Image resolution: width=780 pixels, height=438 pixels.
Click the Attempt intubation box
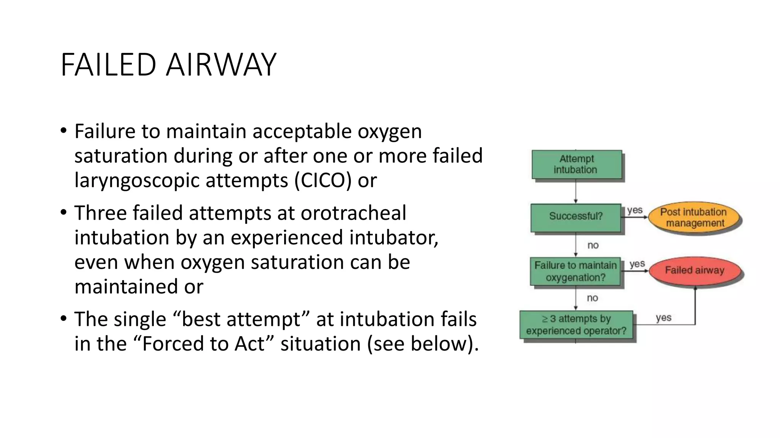[576, 164]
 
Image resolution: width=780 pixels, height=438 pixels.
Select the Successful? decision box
[575, 216]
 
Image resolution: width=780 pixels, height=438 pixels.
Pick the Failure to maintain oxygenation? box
[575, 271]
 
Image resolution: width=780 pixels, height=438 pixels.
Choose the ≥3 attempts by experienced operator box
[576, 324]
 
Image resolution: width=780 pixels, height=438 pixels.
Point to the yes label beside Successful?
[635, 210]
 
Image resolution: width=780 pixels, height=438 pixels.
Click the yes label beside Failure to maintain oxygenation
[637, 264]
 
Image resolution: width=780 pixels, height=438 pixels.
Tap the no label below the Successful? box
[593, 245]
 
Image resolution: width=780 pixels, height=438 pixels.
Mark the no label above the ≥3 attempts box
[592, 298]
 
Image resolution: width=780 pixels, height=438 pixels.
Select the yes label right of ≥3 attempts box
[663, 317]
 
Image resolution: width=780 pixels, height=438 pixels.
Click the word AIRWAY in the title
[221, 65]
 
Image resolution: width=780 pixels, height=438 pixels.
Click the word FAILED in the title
[108, 65]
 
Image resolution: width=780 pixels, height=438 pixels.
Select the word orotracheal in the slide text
[353, 213]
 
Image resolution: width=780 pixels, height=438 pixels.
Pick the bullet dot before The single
[63, 318]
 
